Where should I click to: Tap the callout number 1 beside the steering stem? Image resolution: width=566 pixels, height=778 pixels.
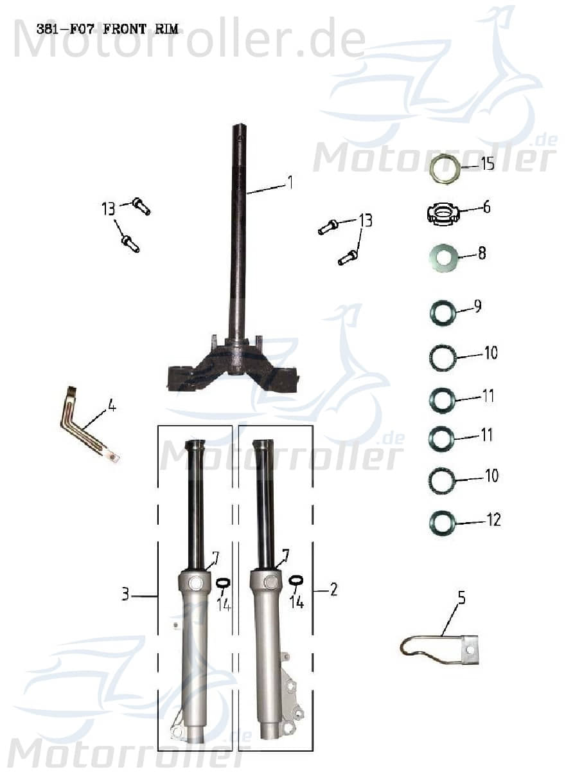290,183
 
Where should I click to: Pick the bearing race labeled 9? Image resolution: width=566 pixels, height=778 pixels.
443,313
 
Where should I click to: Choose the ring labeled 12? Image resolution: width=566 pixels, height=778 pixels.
443,523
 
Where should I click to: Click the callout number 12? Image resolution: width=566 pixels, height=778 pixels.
493,520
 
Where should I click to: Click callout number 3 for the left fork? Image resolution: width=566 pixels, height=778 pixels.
126,593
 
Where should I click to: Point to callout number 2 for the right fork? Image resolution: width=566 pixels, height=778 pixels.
333,589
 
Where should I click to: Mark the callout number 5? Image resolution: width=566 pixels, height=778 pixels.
461,598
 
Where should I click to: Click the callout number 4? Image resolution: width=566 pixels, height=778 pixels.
112,406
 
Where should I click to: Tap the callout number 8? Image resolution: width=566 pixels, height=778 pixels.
481,253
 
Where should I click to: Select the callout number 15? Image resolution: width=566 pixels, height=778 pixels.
488,164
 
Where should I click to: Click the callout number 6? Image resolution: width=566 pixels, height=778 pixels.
486,207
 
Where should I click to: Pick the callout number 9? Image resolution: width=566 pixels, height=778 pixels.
477,306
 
